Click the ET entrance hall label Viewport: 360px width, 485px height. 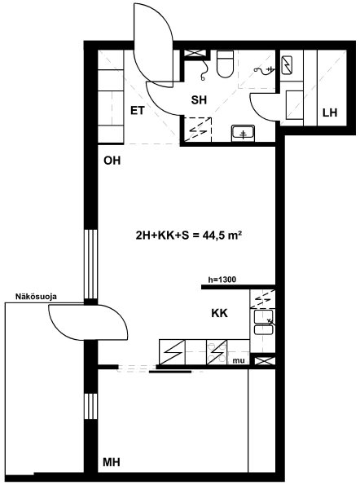coord(137,110)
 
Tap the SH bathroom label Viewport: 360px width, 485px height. coord(199,100)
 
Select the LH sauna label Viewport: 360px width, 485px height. coord(330,112)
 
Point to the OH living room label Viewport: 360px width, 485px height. coord(112,161)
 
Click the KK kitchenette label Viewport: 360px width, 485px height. coord(219,313)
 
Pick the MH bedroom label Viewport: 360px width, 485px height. coord(112,462)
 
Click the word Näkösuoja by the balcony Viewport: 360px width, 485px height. coord(36,297)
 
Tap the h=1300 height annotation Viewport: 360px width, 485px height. coord(222,280)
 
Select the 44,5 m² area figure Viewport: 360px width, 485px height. coord(222,236)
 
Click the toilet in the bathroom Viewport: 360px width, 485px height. coord(225,64)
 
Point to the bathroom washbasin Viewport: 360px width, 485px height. coord(243,134)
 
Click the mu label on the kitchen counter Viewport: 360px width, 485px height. coord(239,360)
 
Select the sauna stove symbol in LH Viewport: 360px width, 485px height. coord(288,65)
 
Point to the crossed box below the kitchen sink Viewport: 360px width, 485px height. coord(262,360)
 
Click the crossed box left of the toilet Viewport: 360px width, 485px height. coord(195,54)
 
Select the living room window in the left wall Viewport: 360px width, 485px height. coord(91,264)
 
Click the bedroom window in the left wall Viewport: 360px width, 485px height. coord(91,406)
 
